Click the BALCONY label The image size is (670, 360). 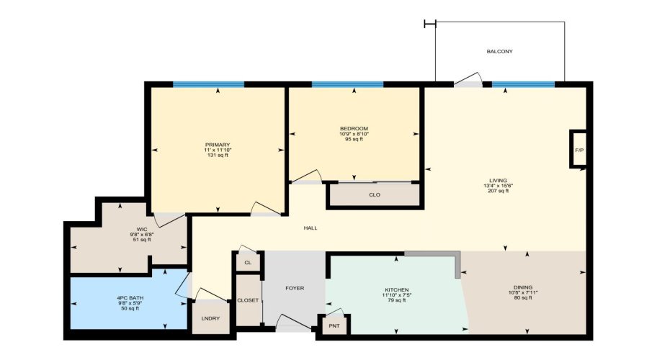[499, 52]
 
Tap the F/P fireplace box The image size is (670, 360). [579, 150]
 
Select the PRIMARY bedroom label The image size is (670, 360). [218, 145]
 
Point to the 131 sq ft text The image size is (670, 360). [218, 156]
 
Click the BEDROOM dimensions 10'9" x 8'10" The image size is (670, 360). [354, 134]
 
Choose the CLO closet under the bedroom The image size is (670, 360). [374, 195]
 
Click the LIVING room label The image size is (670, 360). [498, 180]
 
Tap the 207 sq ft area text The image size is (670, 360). [498, 191]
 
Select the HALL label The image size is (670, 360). [311, 228]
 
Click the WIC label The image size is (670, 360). [141, 230]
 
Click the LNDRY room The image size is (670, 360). [210, 318]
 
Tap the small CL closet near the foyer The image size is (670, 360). [248, 263]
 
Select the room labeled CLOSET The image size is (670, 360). [248, 300]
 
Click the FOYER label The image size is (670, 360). [295, 288]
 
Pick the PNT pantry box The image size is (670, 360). [334, 325]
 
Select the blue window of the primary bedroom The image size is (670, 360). [208, 84]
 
